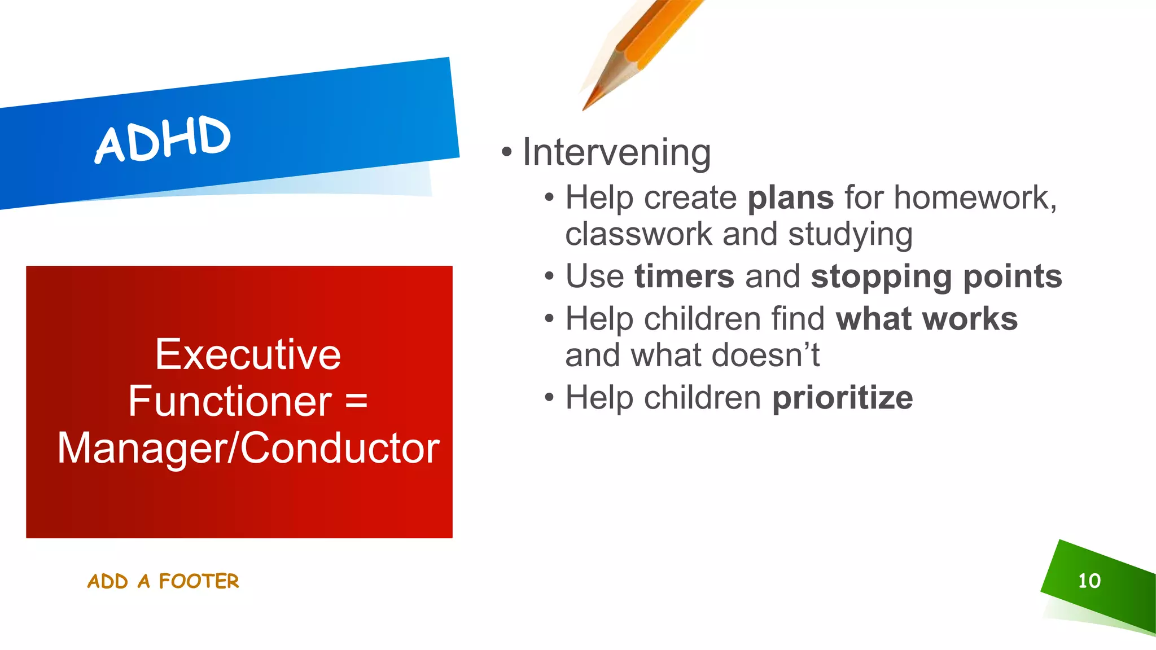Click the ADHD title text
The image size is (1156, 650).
163,139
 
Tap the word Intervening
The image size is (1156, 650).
616,153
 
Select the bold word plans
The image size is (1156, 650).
790,198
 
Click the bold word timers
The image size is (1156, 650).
684,276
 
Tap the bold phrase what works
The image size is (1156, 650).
926,319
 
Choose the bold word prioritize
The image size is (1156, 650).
842,398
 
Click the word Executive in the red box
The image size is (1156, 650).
248,355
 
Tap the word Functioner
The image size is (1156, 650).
230,402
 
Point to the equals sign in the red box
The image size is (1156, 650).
356,402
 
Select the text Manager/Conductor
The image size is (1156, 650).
248,449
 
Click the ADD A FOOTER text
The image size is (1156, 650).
163,581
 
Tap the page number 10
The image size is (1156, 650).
1089,581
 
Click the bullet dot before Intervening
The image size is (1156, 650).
506,152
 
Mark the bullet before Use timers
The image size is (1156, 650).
549,276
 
